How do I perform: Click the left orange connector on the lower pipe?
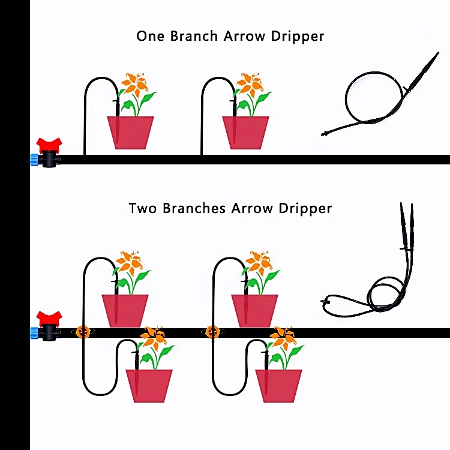coord(82,331)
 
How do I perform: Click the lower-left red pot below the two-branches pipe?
coord(149,385)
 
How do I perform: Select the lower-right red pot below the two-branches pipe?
coord(279,385)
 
